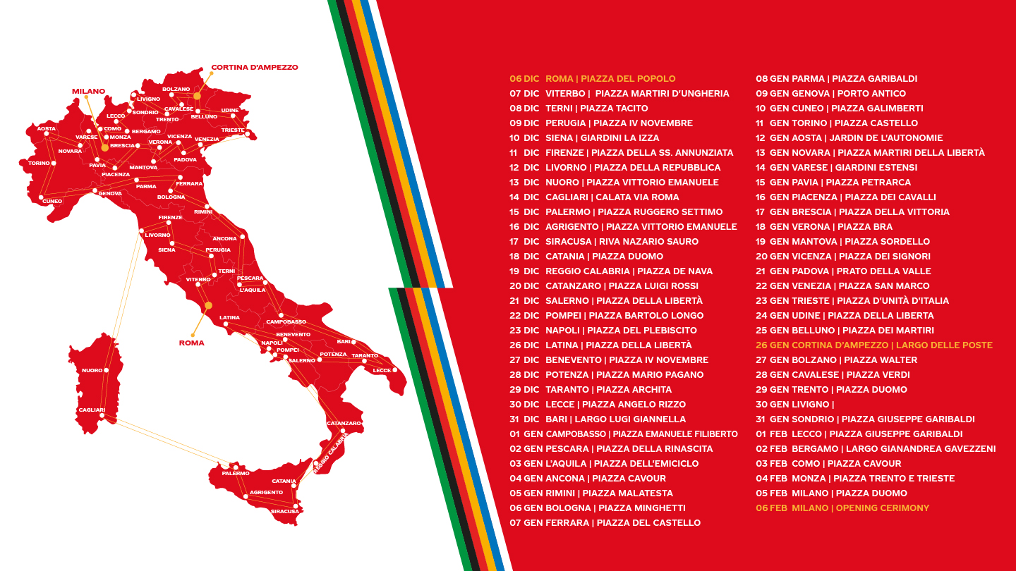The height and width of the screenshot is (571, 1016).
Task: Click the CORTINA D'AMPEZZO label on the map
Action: point(254,68)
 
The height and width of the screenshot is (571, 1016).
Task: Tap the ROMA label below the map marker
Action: point(191,343)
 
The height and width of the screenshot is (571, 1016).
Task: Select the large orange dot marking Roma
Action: point(208,305)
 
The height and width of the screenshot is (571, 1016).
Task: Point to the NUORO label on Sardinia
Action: point(92,370)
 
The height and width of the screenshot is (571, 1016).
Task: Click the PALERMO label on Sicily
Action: point(236,473)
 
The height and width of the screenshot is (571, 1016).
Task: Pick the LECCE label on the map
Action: point(382,370)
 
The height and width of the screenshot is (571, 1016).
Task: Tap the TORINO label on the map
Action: point(40,163)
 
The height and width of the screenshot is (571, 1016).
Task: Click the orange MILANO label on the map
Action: point(88,91)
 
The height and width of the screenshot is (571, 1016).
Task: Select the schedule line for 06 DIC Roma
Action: point(593,79)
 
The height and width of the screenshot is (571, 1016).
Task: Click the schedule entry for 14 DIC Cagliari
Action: point(594,197)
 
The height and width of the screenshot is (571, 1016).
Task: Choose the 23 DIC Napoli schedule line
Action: point(603,330)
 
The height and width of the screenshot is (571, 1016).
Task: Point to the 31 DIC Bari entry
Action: point(598,419)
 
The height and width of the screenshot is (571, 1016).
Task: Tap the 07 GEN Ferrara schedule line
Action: point(605,523)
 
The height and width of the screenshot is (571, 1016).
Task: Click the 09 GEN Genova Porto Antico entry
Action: point(830,94)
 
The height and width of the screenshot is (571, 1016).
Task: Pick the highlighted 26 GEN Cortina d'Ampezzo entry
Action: point(873,345)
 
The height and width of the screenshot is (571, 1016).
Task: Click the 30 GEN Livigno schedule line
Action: point(794,405)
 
